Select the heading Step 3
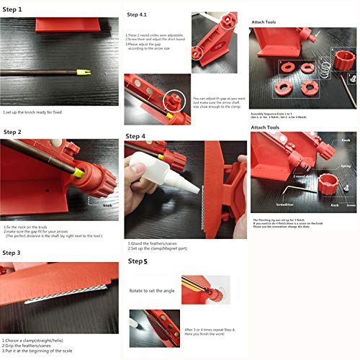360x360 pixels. [x=13, y=253]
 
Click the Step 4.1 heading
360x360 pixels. [x=138, y=14]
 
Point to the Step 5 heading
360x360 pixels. [x=138, y=261]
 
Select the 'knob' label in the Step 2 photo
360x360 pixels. [x=108, y=205]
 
